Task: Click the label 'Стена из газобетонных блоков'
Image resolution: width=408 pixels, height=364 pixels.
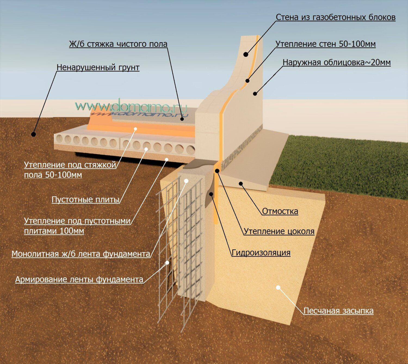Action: click(335, 17)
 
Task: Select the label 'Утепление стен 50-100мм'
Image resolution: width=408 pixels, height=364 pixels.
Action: click(325, 44)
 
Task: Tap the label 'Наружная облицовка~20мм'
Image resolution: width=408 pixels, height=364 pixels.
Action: click(336, 62)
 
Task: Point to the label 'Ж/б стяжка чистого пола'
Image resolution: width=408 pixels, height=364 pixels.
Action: click(118, 44)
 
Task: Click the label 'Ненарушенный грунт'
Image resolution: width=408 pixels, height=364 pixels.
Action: click(98, 67)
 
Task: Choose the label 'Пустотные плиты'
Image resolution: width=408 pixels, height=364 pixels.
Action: click(85, 200)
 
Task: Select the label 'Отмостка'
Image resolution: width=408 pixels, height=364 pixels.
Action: click(280, 211)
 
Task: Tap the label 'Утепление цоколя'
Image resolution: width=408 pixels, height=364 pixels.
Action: click(279, 231)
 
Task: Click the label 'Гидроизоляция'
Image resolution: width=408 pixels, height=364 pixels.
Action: click(261, 253)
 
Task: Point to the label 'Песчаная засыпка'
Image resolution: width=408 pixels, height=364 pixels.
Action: click(338, 311)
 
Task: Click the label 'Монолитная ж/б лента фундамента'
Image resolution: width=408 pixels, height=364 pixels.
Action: click(81, 254)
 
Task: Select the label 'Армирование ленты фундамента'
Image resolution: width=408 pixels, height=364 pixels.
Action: click(79, 279)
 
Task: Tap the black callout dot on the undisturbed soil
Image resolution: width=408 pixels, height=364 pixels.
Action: click(33, 134)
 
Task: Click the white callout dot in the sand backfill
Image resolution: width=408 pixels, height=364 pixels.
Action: click(278, 287)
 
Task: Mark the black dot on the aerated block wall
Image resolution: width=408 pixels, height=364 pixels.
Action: click(246, 54)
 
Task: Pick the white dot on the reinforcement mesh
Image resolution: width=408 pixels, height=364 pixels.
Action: click(168, 263)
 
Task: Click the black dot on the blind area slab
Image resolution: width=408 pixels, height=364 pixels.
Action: click(241, 183)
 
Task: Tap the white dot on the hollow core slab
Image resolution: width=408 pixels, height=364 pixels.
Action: click(146, 149)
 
